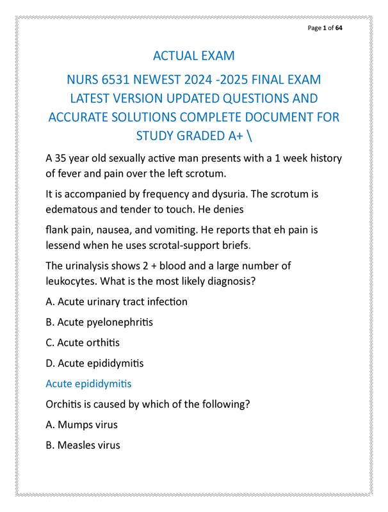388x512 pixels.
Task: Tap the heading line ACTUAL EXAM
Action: click(193, 57)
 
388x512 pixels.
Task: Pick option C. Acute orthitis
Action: click(83, 342)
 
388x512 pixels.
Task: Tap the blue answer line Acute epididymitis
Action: click(88, 384)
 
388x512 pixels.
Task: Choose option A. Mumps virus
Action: click(81, 424)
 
